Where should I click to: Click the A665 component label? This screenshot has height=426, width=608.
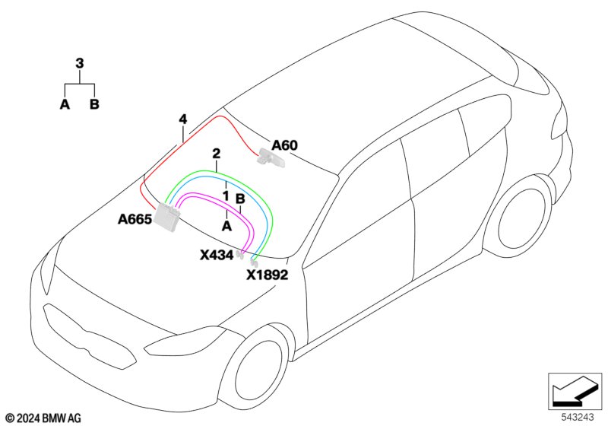click(135, 219)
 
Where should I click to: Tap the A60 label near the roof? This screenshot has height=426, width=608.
click(284, 145)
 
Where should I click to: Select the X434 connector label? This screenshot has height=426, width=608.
click(217, 255)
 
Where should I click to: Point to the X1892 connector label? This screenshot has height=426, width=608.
click(268, 275)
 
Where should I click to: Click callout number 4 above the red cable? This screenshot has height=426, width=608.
click(182, 119)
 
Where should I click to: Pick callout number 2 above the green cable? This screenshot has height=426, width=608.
click(216, 154)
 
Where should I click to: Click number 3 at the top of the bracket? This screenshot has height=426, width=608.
click(80, 63)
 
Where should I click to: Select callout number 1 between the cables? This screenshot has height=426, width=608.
click(226, 196)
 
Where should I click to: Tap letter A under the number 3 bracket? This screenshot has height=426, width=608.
click(65, 104)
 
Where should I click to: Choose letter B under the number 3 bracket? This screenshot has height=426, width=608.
click(94, 104)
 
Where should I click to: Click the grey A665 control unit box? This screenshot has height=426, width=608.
click(167, 219)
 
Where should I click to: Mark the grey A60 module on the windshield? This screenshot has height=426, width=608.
click(271, 158)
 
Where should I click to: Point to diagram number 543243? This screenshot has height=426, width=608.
click(578, 417)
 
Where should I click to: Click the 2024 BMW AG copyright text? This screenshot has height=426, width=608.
click(44, 418)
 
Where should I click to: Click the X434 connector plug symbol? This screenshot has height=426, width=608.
click(239, 255)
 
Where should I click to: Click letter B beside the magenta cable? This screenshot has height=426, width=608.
click(240, 199)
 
